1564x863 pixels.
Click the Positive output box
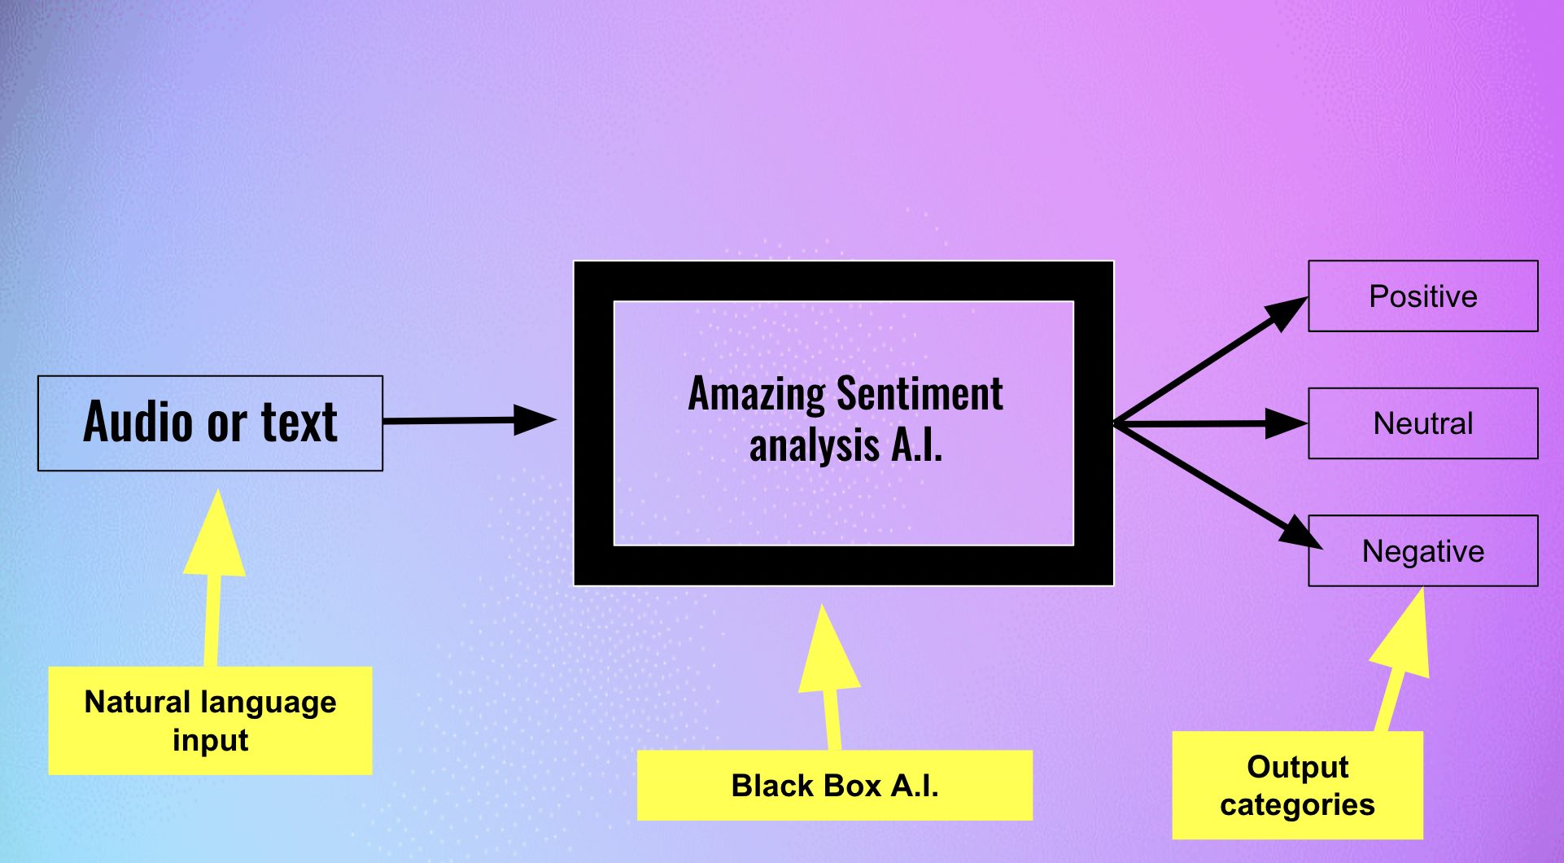point(1423,296)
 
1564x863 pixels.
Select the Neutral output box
point(1423,423)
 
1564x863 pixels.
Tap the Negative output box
point(1423,551)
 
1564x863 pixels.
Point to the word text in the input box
point(299,423)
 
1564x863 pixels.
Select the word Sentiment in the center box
point(920,393)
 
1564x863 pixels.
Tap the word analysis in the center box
point(815,446)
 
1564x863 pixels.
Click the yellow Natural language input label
point(210,721)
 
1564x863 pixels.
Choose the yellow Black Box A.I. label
point(835,786)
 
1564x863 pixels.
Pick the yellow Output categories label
point(1297,785)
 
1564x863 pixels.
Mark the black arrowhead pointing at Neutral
point(1287,423)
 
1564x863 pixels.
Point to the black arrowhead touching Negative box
point(1302,532)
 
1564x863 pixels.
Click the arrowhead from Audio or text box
point(535,420)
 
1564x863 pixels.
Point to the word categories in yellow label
point(1297,805)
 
